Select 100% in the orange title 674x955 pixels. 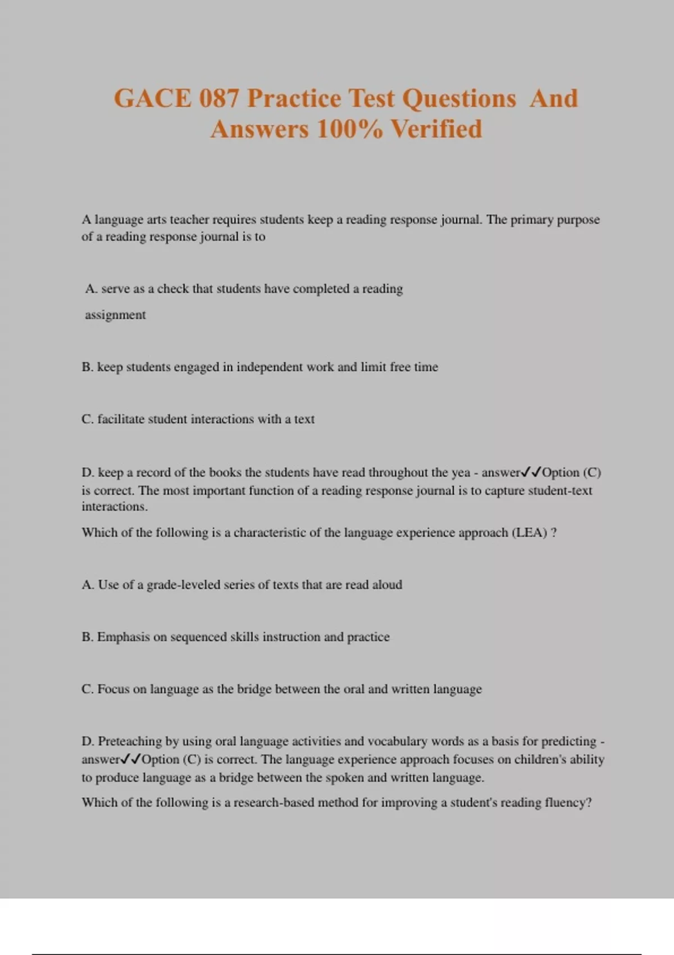pyautogui.click(x=349, y=129)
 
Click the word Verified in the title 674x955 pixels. pyautogui.click(x=436, y=129)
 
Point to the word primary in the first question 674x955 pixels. pyautogui.click(x=532, y=220)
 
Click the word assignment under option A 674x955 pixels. pyautogui.click(x=115, y=315)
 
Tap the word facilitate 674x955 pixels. pyautogui.click(x=121, y=419)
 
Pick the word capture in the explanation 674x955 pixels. pyautogui.click(x=505, y=490)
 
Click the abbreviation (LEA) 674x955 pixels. pyautogui.click(x=529, y=533)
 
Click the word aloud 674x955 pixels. pyautogui.click(x=387, y=585)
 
